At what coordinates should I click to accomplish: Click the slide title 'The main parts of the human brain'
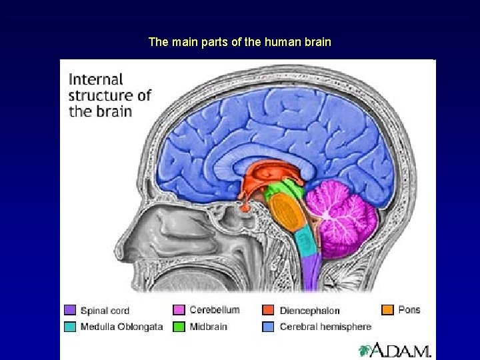pyautogui.click(x=239, y=42)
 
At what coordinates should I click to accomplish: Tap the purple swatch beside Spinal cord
pyautogui.click(x=70, y=310)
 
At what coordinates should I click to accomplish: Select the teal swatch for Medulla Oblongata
pyautogui.click(x=70, y=327)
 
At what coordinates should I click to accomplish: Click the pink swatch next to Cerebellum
pyautogui.click(x=179, y=310)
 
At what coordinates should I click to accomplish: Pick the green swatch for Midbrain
pyautogui.click(x=179, y=327)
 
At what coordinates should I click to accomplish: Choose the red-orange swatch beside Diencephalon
pyautogui.click(x=268, y=310)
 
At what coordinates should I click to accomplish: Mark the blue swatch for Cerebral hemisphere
pyautogui.click(x=268, y=327)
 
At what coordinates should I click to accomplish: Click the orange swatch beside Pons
pyautogui.click(x=387, y=310)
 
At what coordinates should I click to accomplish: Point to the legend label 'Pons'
pyautogui.click(x=409, y=310)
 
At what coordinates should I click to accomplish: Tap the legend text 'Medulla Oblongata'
pyautogui.click(x=121, y=327)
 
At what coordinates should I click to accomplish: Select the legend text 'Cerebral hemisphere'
pyautogui.click(x=325, y=327)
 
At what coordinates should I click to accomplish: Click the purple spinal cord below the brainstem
pyautogui.click(x=311, y=273)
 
